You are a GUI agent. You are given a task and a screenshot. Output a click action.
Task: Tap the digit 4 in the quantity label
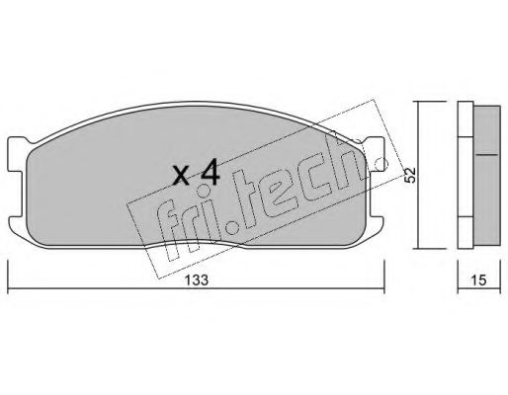point(208,173)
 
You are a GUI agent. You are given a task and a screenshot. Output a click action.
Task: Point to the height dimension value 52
point(409,175)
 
